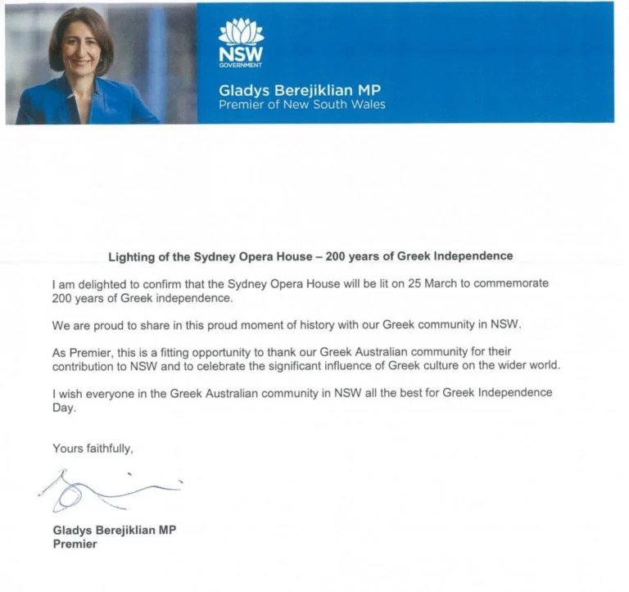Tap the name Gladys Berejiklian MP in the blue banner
point(300,89)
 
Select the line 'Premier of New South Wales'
point(301,105)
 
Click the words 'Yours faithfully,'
point(92,448)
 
